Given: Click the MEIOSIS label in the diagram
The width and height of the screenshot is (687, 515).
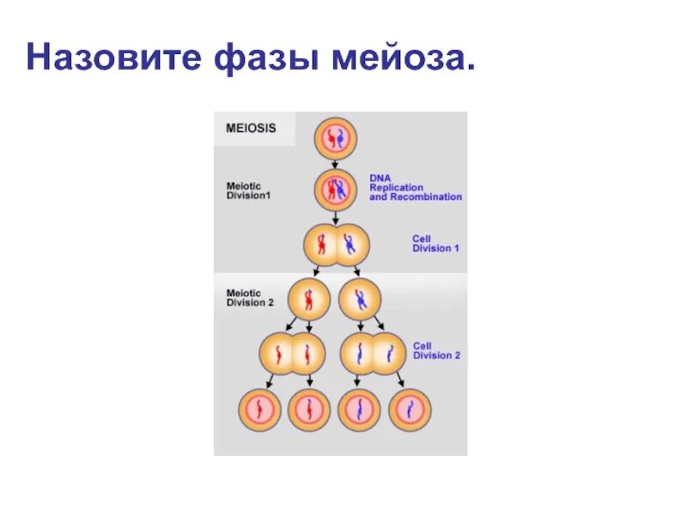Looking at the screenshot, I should pos(251,129).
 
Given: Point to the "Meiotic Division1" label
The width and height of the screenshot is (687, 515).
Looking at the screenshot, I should pos(250,191).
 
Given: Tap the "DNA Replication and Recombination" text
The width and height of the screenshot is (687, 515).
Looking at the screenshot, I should pos(416,187).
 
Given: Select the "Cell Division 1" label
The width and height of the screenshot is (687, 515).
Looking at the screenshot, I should pos(435,243).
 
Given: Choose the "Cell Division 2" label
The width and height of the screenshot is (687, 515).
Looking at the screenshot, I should pos(436,350).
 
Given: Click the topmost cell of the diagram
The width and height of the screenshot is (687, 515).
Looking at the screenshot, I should pos(334,137).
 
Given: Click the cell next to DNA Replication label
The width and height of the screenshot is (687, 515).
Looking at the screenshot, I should pos(334,191).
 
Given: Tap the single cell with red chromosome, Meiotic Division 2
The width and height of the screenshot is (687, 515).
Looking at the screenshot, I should pos(309,300).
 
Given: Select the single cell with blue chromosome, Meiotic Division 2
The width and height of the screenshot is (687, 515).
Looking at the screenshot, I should pos(360,300).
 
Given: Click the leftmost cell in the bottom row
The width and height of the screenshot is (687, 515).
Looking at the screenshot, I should pos(258,409).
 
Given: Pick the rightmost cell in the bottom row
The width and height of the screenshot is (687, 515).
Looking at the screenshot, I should pos(410,409).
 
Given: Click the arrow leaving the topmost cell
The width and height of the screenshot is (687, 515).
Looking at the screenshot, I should pos(334,163).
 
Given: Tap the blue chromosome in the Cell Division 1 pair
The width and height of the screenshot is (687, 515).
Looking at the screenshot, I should pos(348,245).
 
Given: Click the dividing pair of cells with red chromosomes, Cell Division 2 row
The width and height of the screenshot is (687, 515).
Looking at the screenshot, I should pos(293,353).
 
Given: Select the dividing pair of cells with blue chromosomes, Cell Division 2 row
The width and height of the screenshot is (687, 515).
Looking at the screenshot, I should pos(375,353).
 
